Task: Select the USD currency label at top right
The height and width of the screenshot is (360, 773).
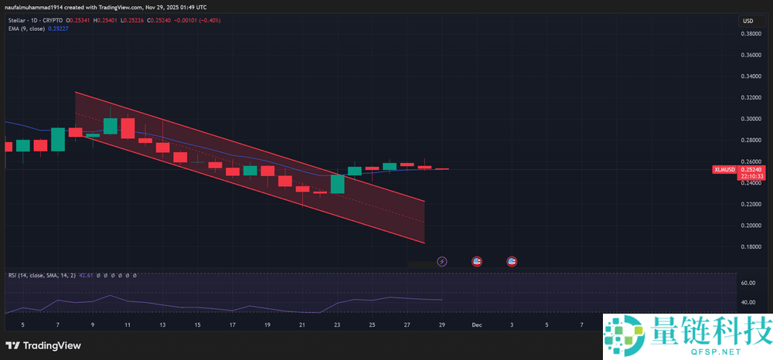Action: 747,21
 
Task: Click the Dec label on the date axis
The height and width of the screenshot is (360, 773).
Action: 477,325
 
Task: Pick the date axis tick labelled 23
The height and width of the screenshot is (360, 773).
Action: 337,325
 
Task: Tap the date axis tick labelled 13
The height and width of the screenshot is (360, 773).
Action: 162,325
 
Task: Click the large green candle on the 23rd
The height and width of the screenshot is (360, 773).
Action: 337,184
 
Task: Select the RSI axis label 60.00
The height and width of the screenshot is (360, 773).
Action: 747,284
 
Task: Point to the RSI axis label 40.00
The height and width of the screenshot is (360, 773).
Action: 747,303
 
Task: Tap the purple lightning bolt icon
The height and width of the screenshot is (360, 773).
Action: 442,262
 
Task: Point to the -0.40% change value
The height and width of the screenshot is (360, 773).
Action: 209,20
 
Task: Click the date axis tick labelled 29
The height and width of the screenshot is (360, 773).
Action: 442,325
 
